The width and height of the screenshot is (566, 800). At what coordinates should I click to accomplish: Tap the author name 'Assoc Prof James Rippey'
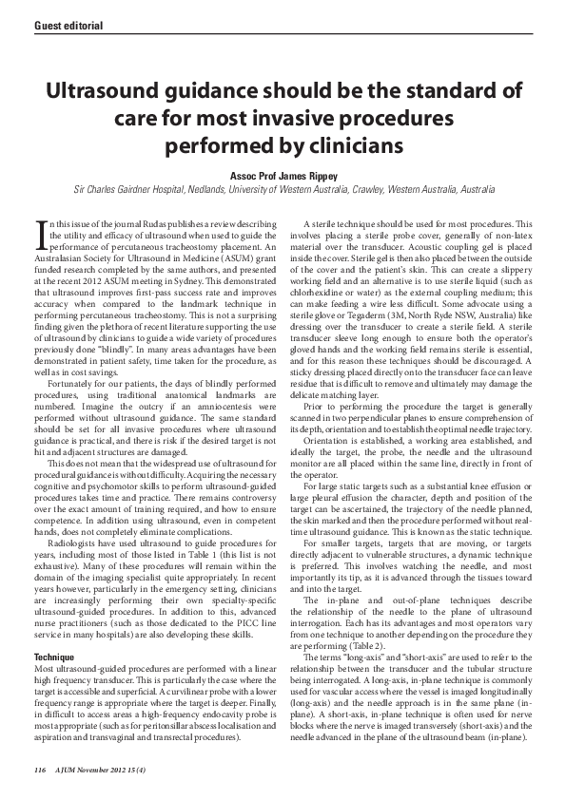pyautogui.click(x=283, y=176)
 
